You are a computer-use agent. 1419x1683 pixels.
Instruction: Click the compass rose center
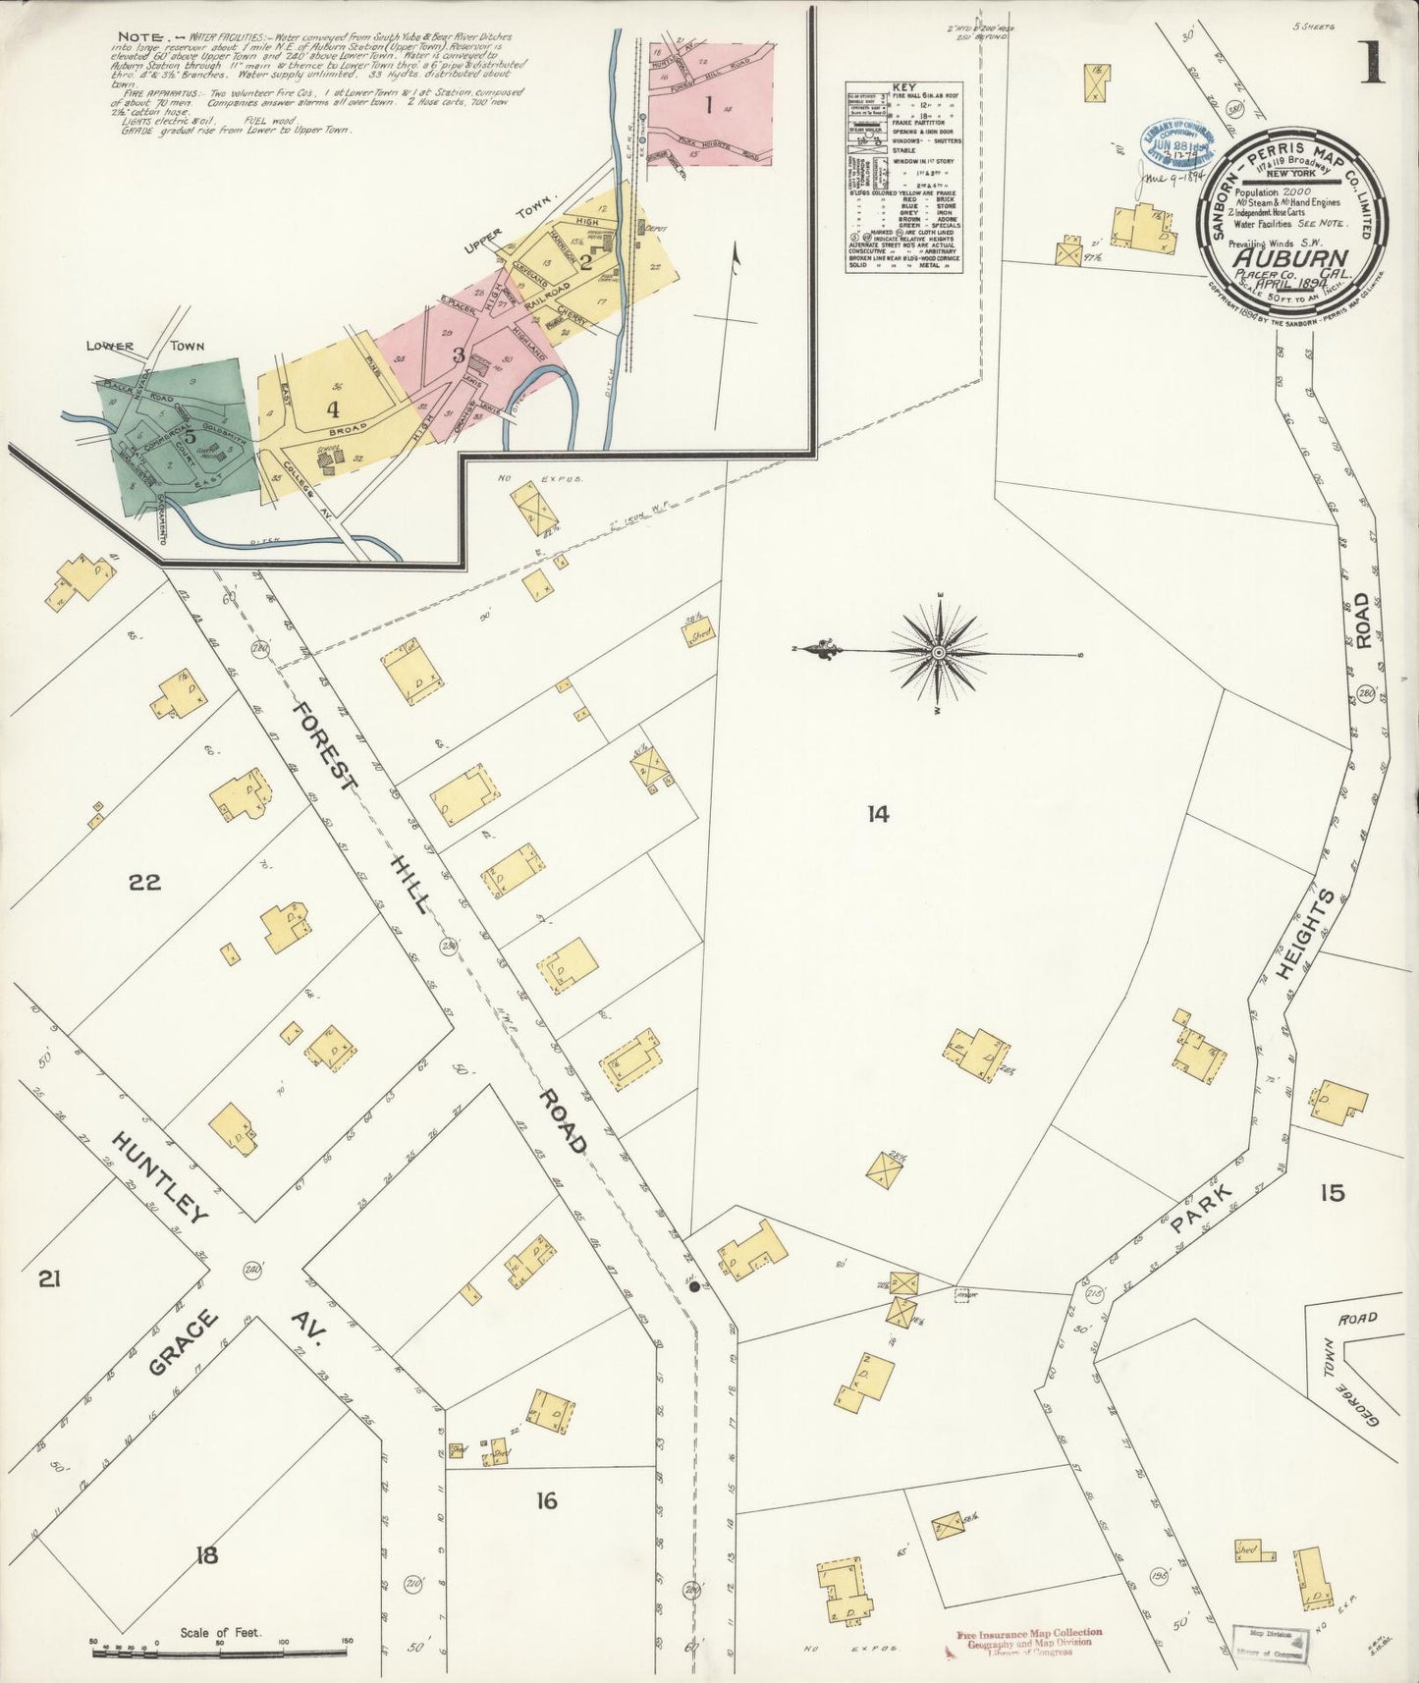[x=939, y=652]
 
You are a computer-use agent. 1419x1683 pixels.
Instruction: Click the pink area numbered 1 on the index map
[x=708, y=104]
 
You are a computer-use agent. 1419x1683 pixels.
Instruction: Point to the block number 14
[x=877, y=813]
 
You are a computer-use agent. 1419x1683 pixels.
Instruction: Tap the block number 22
[x=144, y=882]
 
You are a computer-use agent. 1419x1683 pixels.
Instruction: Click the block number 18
[x=206, y=1554]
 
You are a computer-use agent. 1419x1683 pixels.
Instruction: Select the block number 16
[x=547, y=1499]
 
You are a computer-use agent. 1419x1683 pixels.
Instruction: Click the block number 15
[x=1332, y=1193]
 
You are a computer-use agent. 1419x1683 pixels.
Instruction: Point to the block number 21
[x=49, y=1278]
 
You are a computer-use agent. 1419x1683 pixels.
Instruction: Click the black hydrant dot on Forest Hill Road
[x=694, y=1285]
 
